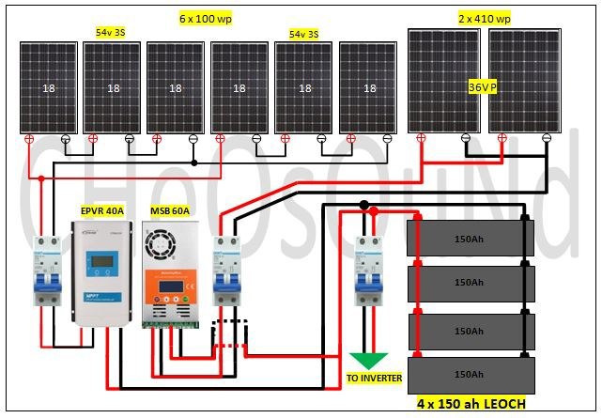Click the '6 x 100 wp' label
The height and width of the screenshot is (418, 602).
pyautogui.click(x=208, y=18)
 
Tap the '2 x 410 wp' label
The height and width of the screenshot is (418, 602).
pyautogui.click(x=484, y=18)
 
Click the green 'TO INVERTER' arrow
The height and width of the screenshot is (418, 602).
pyautogui.click(x=369, y=360)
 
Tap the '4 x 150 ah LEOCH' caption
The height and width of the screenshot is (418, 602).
pyautogui.click(x=471, y=404)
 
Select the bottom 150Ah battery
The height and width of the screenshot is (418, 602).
pyautogui.click(x=470, y=375)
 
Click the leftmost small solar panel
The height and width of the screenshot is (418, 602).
pyautogui.click(x=48, y=87)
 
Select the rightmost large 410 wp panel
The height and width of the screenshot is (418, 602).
pyautogui.click(x=526, y=83)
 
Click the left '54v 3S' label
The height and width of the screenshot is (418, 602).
pyautogui.click(x=110, y=32)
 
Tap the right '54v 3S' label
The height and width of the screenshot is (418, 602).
pyautogui.click(x=302, y=34)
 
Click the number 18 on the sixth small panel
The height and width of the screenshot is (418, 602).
pyautogui.click(x=369, y=88)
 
